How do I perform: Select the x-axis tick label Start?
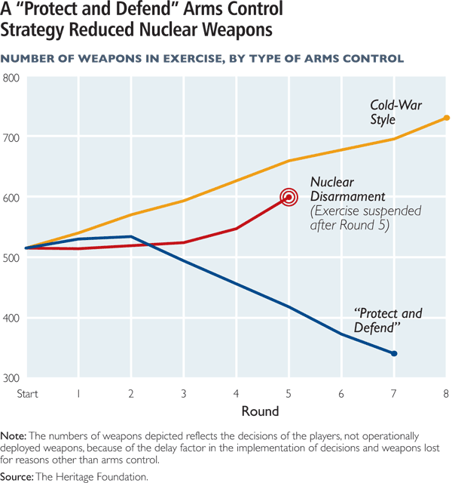tap(27, 393)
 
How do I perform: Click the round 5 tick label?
tap(289, 393)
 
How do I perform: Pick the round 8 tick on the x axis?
tap(446, 393)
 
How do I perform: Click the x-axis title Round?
tap(261, 411)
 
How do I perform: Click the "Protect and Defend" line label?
tap(388, 320)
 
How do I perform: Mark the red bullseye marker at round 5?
tap(289, 198)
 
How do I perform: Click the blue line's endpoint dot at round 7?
tap(394, 353)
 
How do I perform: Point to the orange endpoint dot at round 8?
tap(446, 118)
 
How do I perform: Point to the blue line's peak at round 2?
tap(131, 237)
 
